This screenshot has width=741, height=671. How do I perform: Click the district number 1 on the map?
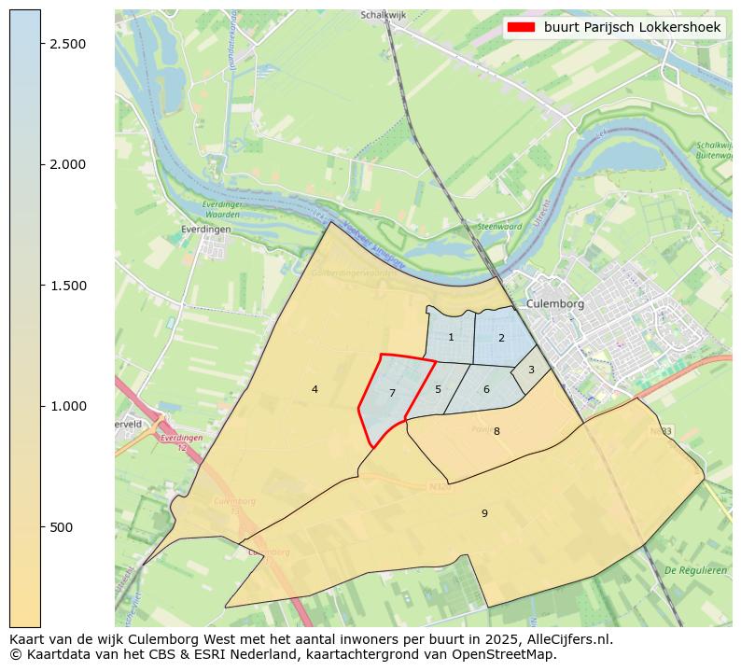(451, 338)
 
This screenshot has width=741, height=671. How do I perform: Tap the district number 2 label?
(501, 338)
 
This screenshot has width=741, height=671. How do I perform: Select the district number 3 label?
(531, 370)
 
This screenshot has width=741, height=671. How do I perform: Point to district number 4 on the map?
(315, 389)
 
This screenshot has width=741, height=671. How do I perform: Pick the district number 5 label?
(438, 389)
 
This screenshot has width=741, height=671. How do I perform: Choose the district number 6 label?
(486, 389)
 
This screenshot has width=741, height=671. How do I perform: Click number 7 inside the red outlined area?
(392, 394)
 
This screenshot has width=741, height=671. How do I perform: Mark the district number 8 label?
(496, 431)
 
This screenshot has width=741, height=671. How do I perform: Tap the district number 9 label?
(484, 513)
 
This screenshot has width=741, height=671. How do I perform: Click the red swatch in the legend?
(522, 28)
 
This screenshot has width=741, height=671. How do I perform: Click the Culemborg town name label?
(554, 304)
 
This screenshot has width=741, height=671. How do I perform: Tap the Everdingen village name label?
(205, 228)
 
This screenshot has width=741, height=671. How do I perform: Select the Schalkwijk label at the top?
(382, 16)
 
